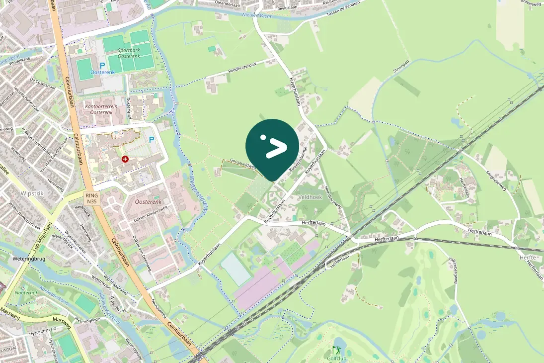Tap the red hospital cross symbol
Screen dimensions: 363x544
click(x=125, y=159)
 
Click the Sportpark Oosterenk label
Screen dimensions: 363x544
click(x=131, y=53)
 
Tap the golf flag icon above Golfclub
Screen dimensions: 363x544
click(x=337, y=350)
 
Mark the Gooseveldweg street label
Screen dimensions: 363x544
click(x=243, y=164)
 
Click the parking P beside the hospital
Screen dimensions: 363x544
click(x=152, y=140)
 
